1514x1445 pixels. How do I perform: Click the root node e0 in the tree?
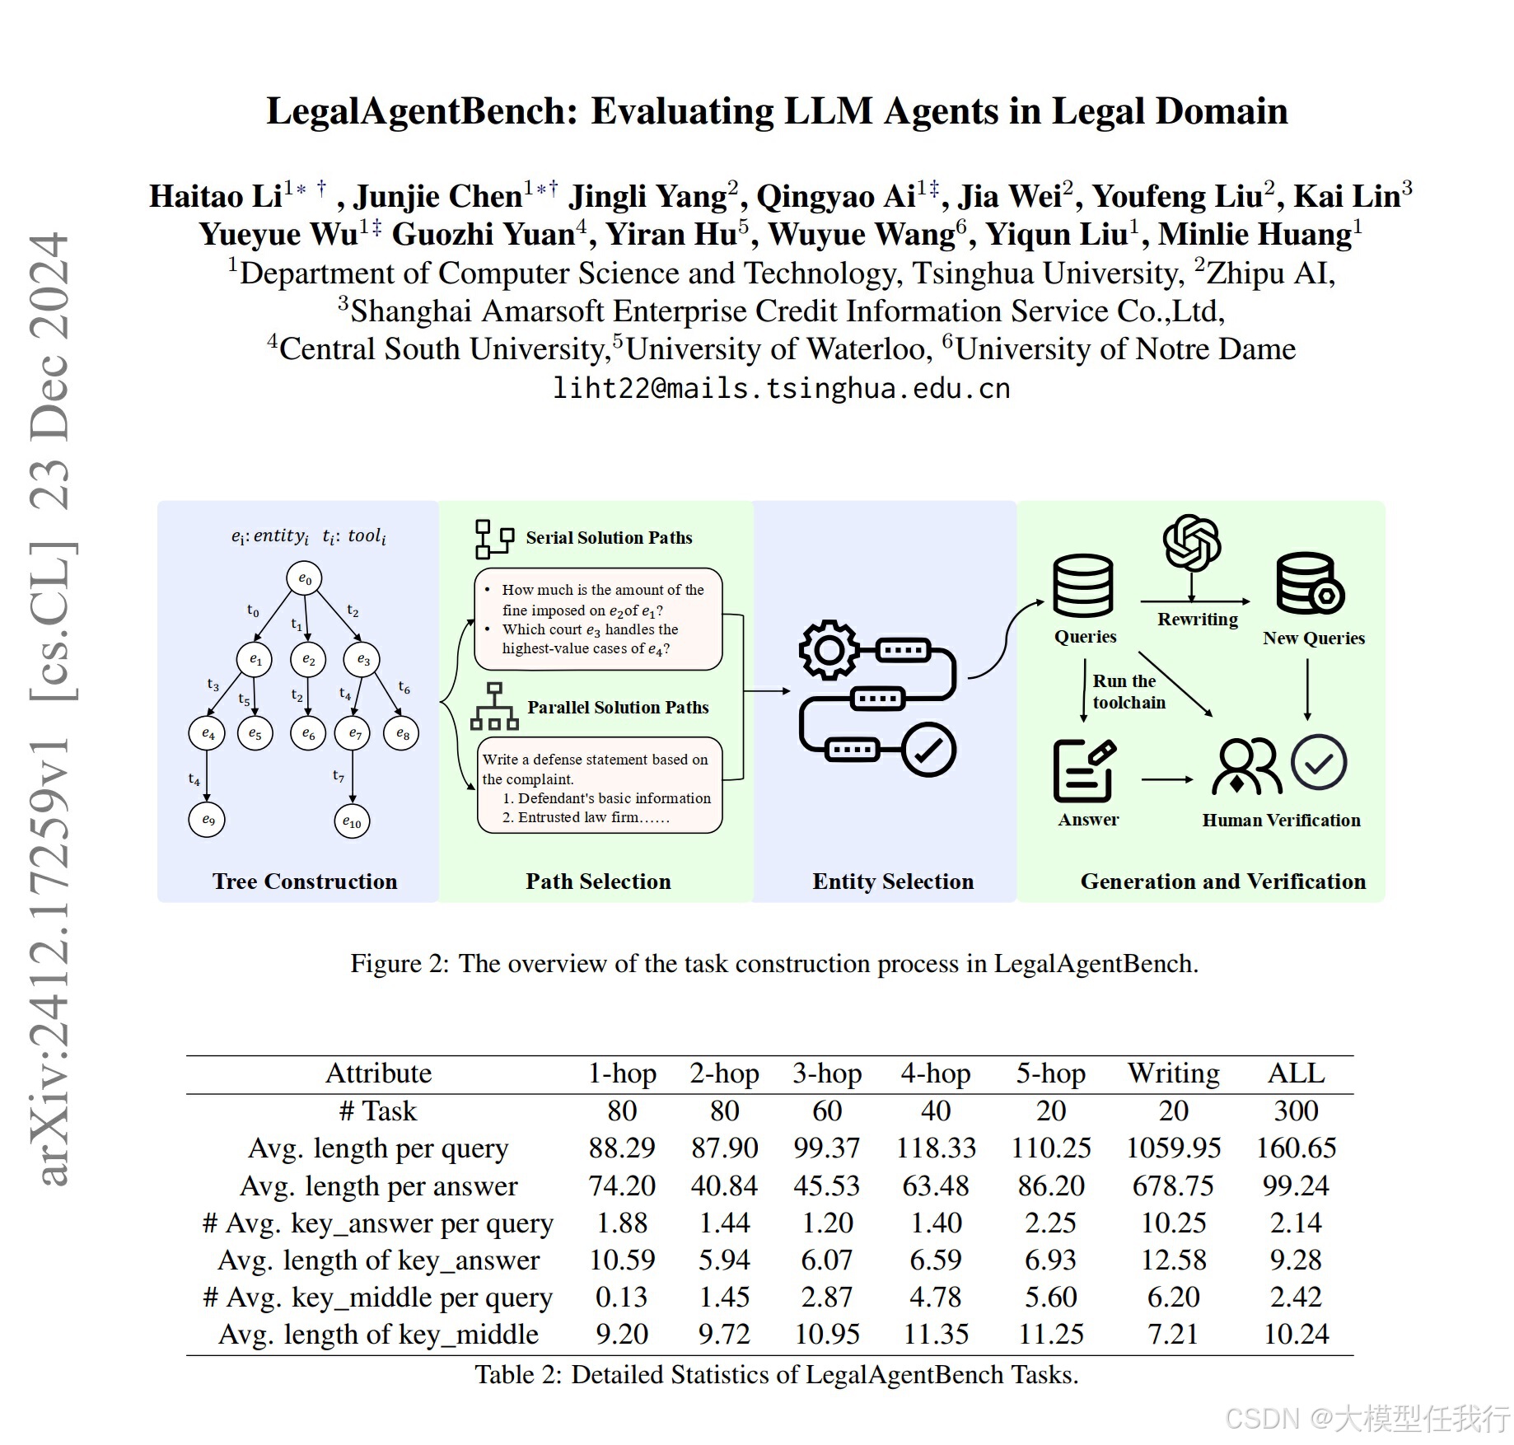click(x=305, y=578)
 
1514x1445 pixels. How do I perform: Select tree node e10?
click(x=352, y=821)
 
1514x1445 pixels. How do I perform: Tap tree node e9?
click(x=208, y=820)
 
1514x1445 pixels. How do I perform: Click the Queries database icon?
click(x=1083, y=586)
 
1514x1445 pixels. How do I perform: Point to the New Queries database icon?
click(x=1309, y=583)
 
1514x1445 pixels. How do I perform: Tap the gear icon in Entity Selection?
click(x=829, y=650)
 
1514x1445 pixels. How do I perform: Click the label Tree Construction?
click(x=305, y=881)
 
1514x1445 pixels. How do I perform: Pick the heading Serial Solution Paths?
click(x=609, y=538)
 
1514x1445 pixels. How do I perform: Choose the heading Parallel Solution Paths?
click(x=618, y=708)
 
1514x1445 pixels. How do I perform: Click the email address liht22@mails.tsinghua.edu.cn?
click(x=781, y=388)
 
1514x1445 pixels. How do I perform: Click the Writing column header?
click(x=1173, y=1073)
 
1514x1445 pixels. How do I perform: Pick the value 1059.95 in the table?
click(x=1173, y=1148)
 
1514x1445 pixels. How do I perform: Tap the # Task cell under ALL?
click(x=1296, y=1111)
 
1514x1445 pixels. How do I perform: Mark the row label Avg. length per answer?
click(x=379, y=1185)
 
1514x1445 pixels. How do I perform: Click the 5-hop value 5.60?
click(x=1050, y=1297)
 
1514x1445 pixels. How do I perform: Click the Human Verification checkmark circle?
click(x=1319, y=763)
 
